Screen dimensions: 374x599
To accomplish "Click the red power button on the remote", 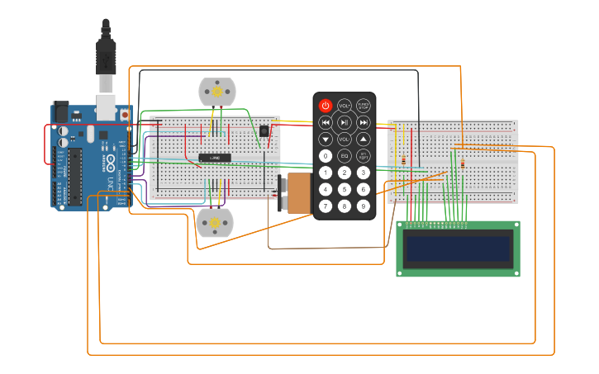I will [326, 106].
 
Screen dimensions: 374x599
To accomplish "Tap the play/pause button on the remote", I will [345, 122].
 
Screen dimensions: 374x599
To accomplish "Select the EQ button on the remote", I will [345, 156].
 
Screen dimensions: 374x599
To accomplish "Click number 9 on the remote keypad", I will [364, 206].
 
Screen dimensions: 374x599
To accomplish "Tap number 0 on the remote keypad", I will [326, 156].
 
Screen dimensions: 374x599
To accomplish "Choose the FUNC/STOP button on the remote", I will [364, 106].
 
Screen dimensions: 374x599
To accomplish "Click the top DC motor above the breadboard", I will [217, 92].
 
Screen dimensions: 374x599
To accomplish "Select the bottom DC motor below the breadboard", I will [214, 222].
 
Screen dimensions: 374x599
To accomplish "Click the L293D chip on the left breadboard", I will [214, 157].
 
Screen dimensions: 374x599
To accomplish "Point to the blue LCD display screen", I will [458, 248].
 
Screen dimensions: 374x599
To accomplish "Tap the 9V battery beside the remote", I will [297, 193].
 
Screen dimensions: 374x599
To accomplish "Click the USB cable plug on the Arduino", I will [106, 83].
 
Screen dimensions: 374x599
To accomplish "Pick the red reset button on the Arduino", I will [125, 114].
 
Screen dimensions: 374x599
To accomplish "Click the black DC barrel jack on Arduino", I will [59, 113].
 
